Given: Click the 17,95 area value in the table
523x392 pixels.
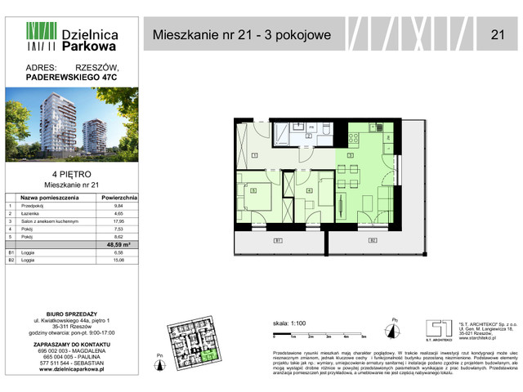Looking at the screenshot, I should pyautogui.click(x=118, y=220).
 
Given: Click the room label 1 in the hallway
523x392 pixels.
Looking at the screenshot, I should pyautogui.click(x=255, y=154).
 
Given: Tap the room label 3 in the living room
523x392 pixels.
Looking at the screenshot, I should pyautogui.click(x=351, y=154).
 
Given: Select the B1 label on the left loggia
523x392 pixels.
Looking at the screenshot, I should pyautogui.click(x=278, y=241).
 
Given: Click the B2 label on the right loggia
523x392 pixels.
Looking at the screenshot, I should pyautogui.click(x=372, y=241).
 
